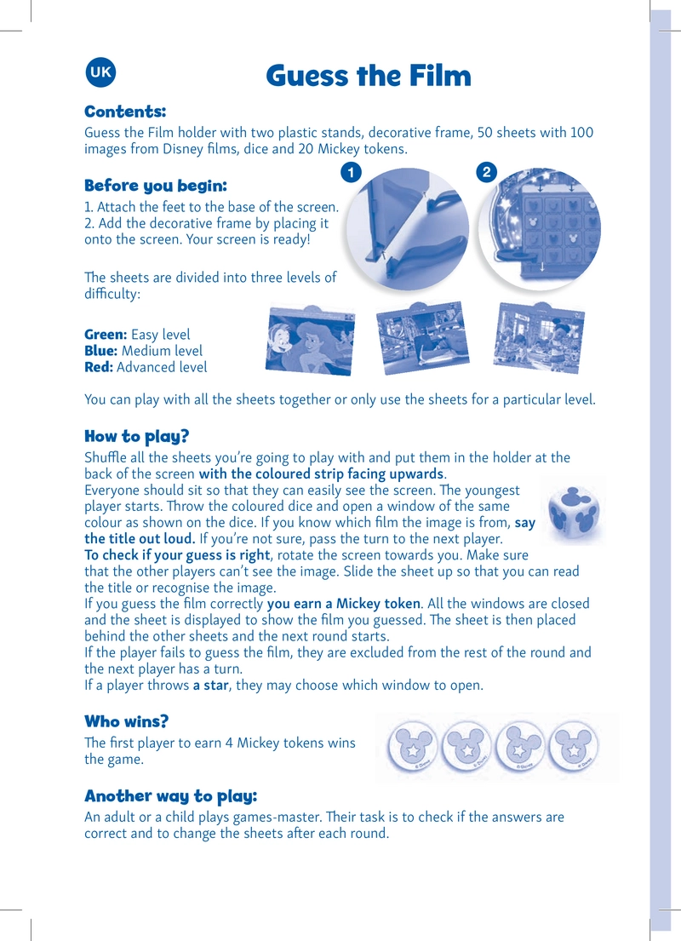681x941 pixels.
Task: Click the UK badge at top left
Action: tap(100, 72)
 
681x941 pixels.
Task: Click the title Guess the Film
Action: tap(369, 76)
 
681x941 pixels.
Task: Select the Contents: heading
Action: tap(125, 112)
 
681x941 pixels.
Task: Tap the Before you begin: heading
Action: tap(156, 186)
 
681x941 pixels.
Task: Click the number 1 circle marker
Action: tap(351, 173)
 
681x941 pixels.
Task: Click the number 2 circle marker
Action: tap(487, 173)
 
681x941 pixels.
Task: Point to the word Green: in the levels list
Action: tap(106, 335)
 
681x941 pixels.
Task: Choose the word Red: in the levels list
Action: tap(99, 367)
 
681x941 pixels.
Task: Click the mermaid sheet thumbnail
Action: tap(310, 341)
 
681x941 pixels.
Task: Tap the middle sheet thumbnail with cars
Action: tap(422, 337)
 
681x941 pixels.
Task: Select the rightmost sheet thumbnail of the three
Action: tap(539, 337)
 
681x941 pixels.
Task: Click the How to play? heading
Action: tap(137, 436)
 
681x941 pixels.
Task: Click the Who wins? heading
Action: tap(127, 721)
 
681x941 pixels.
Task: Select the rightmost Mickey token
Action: tap(574, 748)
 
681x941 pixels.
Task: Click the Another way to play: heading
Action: tap(170, 796)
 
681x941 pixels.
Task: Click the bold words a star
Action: tap(210, 686)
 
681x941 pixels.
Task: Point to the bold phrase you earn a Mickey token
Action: tap(345, 604)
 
